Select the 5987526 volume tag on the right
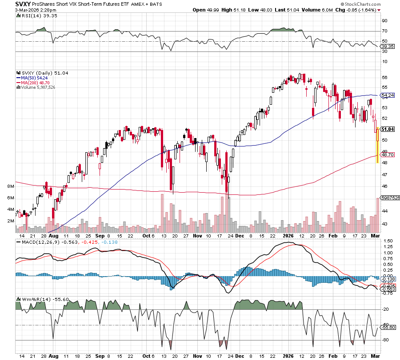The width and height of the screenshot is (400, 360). (x=390, y=198)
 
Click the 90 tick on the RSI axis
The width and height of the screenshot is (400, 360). (x=384, y=20)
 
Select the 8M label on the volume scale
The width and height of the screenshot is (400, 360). (x=11, y=186)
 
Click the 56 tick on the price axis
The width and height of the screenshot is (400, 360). (x=384, y=77)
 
